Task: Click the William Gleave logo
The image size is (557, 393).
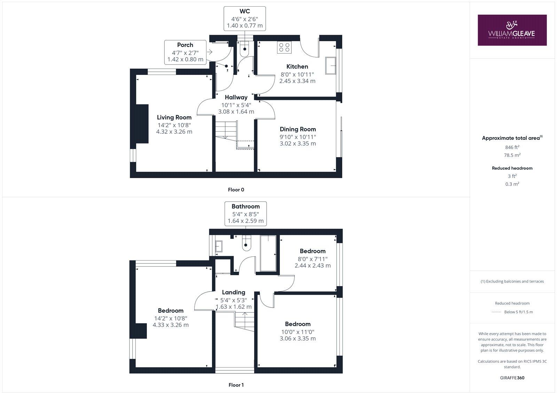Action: point(512,30)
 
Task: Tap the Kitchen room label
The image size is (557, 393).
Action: point(297,67)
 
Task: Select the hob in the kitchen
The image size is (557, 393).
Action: point(284,47)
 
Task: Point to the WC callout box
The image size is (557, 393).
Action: point(244,18)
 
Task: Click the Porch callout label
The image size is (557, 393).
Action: point(185,45)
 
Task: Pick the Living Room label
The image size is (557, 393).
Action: point(174,117)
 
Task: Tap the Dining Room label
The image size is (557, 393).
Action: point(298,129)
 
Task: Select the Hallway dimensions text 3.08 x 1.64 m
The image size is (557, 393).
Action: point(236,112)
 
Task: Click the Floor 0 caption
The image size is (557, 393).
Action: point(236,190)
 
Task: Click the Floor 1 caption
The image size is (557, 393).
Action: point(236,385)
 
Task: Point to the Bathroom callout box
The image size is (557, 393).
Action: point(245,214)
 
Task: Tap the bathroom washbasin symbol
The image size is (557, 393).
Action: point(218,246)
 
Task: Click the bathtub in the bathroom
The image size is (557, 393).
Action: point(268,253)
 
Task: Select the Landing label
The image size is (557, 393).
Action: point(234,292)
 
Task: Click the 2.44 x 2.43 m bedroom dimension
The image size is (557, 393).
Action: point(313,265)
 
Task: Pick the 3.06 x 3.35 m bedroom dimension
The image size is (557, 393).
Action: point(298,338)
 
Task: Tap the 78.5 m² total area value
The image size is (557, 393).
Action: point(512,155)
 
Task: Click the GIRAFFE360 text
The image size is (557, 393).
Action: point(512,378)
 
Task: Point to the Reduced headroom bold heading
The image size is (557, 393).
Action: point(512,168)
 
